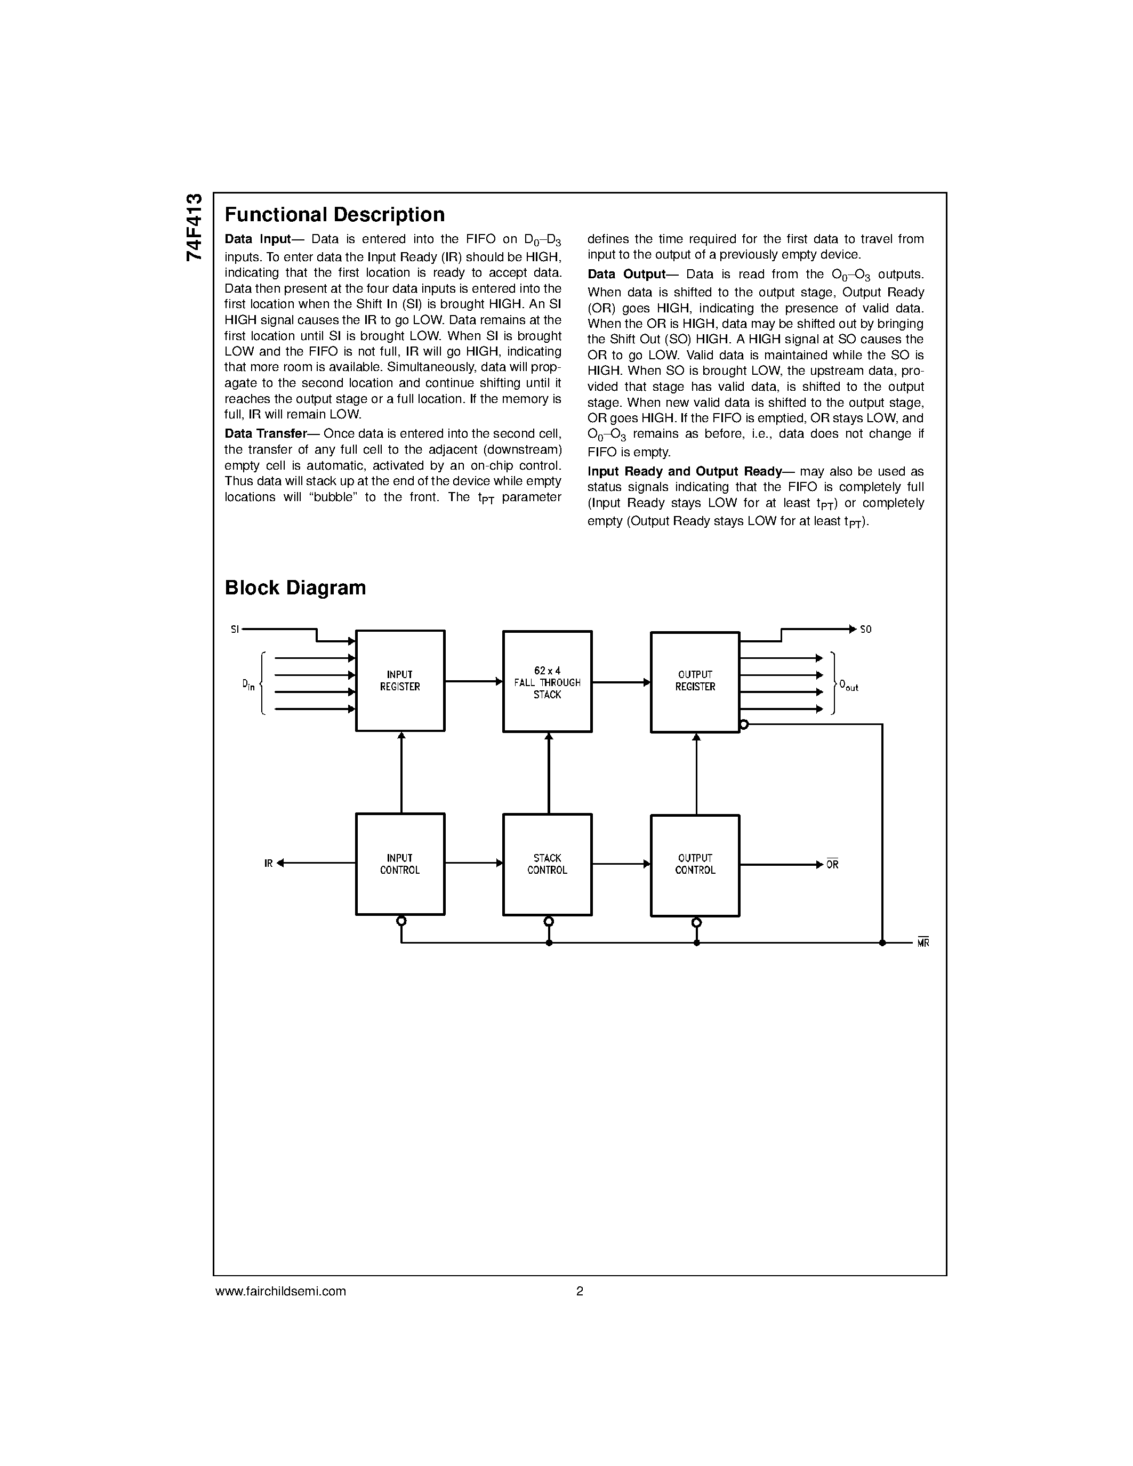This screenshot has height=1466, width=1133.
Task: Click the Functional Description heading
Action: (x=334, y=215)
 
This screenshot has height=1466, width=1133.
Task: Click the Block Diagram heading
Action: (x=295, y=588)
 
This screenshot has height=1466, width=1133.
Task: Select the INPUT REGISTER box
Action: (x=400, y=681)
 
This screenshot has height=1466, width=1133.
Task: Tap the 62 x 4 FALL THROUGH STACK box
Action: (x=547, y=682)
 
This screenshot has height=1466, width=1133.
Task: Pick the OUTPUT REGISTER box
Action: (x=695, y=682)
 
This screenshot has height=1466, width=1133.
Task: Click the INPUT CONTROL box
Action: (x=400, y=864)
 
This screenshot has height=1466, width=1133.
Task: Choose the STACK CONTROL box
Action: (x=547, y=865)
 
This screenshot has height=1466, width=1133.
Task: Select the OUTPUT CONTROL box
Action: (x=695, y=865)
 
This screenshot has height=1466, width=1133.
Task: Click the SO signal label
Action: (x=866, y=630)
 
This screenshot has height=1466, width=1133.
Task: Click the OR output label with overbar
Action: (x=832, y=865)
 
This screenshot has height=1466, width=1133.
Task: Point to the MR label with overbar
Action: (x=923, y=943)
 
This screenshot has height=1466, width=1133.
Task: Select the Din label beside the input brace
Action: (x=248, y=684)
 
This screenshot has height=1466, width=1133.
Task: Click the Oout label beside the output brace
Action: (x=848, y=686)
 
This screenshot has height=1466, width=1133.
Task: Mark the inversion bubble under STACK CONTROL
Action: (x=549, y=922)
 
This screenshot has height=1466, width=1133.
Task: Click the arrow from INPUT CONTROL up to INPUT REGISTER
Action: (x=401, y=772)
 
